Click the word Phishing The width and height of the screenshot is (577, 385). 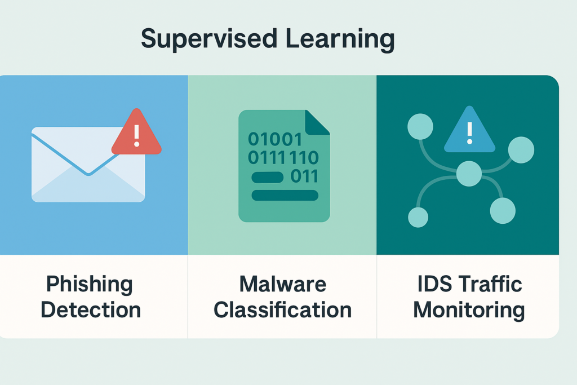(x=89, y=284)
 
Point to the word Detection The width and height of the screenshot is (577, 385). (x=91, y=309)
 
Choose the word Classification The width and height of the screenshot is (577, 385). (x=283, y=309)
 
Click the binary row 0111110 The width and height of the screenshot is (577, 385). (x=283, y=157)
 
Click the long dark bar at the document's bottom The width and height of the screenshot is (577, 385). (x=285, y=196)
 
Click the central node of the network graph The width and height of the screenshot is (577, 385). (x=469, y=174)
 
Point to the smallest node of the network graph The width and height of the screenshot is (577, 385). (x=418, y=217)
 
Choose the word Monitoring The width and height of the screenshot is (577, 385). (x=469, y=309)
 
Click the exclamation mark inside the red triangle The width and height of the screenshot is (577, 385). (x=136, y=136)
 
